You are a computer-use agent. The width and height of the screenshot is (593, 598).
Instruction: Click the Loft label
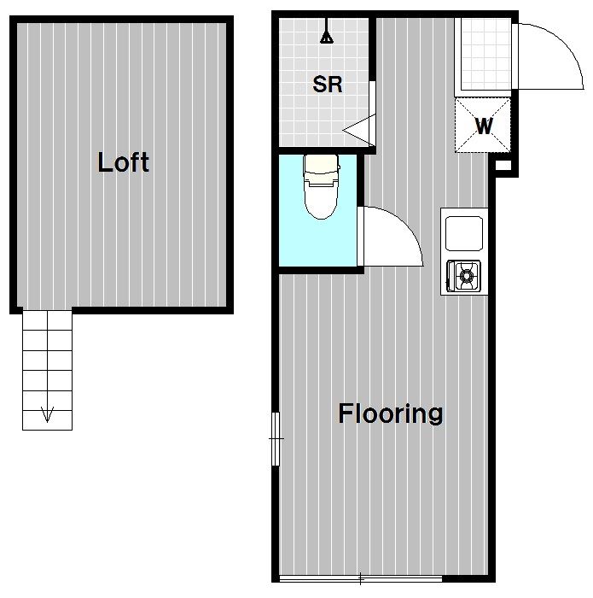click(x=123, y=162)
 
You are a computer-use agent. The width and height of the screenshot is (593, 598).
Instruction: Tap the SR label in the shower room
click(x=327, y=85)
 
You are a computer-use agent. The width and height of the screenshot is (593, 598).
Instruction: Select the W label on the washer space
click(x=484, y=126)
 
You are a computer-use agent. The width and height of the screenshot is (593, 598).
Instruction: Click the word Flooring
click(x=391, y=414)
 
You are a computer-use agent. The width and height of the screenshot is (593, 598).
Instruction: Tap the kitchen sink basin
click(x=464, y=233)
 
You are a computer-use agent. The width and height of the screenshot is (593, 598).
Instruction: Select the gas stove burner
click(x=466, y=274)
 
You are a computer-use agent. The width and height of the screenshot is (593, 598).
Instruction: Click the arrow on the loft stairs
click(x=47, y=413)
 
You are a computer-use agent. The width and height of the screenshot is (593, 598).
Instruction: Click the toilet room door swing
click(x=407, y=225)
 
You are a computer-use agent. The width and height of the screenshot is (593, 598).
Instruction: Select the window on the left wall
click(x=276, y=438)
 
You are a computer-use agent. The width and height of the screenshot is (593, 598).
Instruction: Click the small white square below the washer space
click(x=503, y=166)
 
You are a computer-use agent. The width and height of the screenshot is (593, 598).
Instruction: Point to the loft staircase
click(x=47, y=370)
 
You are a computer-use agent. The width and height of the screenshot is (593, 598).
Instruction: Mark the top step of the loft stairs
click(x=47, y=320)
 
